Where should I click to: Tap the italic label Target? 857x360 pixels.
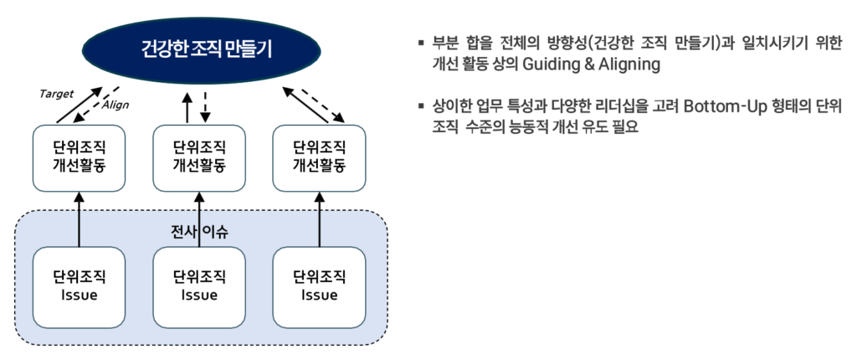point(56,93)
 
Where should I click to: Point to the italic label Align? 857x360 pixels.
point(115,105)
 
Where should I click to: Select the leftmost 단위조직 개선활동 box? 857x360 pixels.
point(80,157)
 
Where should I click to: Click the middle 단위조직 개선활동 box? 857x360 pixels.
point(199,157)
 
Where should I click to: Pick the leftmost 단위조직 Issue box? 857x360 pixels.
point(80,285)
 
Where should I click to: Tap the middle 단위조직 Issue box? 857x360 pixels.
point(199,285)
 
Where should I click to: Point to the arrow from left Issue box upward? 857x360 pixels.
point(80,219)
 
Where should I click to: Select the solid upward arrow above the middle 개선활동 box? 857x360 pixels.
point(188,107)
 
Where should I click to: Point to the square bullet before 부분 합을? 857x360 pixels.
point(421,42)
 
